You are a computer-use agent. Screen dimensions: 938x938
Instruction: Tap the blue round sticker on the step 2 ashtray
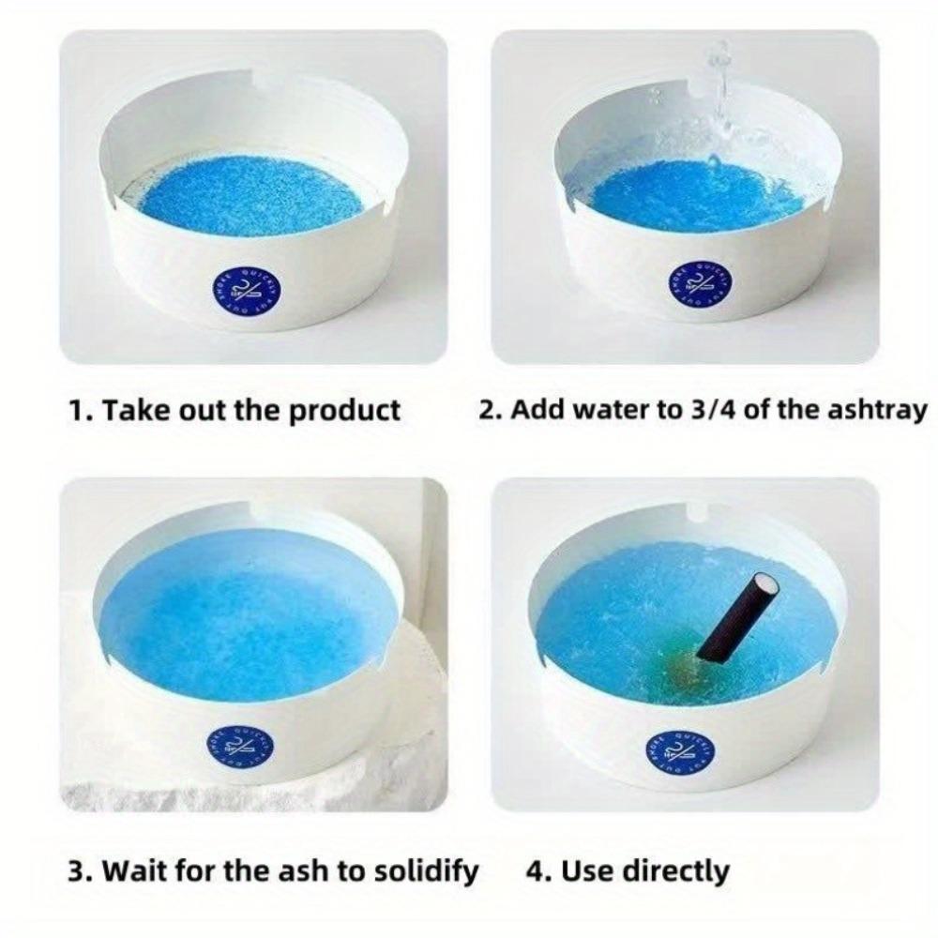692,281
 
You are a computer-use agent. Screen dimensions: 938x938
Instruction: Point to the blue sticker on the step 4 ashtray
680,750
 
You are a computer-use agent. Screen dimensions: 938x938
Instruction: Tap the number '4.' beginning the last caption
537,870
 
